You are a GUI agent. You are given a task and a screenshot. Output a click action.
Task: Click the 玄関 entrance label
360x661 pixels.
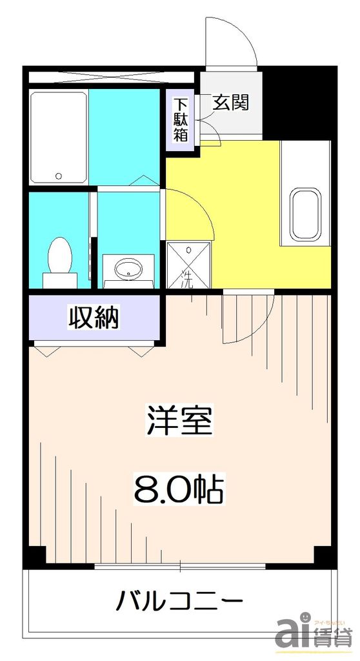231,102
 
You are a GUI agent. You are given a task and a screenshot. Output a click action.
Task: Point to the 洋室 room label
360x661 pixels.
179,422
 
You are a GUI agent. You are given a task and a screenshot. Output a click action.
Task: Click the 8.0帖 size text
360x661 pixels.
179,491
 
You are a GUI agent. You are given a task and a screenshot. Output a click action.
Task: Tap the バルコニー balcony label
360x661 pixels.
179,602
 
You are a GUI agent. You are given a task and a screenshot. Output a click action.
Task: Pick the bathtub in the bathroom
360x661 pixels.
59,137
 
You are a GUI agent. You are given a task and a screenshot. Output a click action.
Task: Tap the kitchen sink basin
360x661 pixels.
305,214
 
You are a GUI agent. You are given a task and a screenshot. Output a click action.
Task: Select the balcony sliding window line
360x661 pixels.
180,567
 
